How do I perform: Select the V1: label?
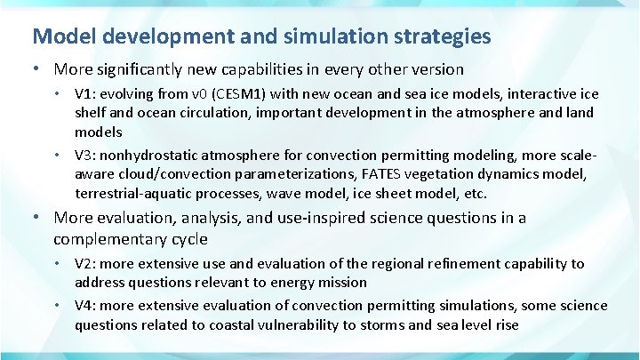[x=87, y=93]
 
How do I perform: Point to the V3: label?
[x=87, y=155]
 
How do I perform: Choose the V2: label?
[x=87, y=263]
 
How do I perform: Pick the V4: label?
[x=87, y=306]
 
